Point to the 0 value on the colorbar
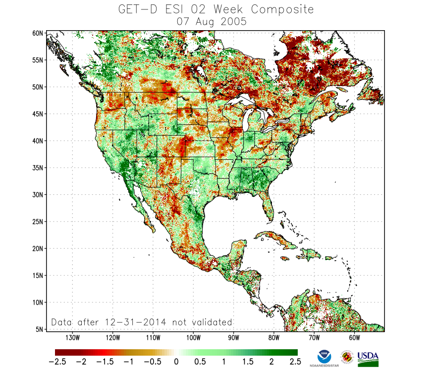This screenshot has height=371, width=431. (x=176, y=362)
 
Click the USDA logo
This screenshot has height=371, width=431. (x=368, y=358)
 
